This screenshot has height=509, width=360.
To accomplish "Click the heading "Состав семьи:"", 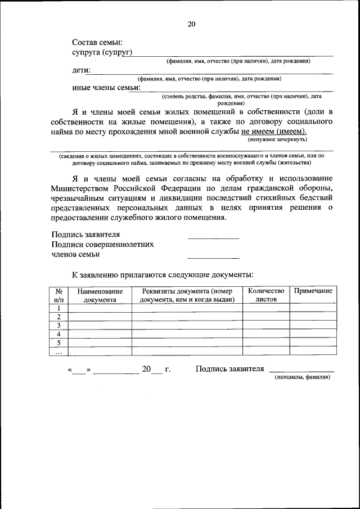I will coord(97,42).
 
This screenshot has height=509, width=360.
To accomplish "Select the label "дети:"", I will coord(82,71).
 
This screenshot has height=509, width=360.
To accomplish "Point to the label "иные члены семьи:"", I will coord(106,87).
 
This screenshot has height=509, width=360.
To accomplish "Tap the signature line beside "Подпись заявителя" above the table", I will coord(213,236).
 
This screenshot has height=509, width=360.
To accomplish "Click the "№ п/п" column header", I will coord(58,295).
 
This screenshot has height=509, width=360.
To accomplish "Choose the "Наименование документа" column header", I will coord(100,295).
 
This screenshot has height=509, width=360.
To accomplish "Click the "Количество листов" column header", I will coord(266,295).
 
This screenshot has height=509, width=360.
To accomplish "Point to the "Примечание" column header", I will coord(313,291).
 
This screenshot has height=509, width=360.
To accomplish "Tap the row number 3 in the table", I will coord(58,325).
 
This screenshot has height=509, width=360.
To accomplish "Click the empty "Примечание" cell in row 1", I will coord(313,308).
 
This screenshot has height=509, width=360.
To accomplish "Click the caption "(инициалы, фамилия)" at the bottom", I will coord(302,377).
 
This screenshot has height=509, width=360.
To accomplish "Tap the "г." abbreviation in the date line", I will coord(167,369).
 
